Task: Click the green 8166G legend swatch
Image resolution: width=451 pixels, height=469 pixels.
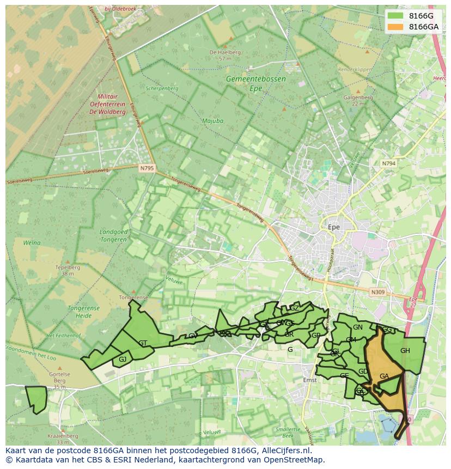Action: [x=395, y=16]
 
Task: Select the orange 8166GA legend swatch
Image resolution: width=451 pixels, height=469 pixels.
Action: [x=395, y=27]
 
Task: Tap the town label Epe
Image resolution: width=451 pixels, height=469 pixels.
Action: [x=333, y=227]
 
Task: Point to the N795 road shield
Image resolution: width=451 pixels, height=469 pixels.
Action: [x=146, y=168]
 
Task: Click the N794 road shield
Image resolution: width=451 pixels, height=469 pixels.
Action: [x=388, y=163]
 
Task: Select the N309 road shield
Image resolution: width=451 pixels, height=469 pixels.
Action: [x=377, y=293]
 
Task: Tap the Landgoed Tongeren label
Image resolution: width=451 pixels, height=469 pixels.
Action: [x=114, y=235]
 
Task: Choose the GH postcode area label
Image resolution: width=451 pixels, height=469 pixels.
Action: [x=405, y=351]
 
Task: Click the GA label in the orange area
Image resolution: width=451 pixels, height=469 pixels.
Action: [x=384, y=376]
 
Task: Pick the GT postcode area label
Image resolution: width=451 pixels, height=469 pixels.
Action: [x=143, y=343]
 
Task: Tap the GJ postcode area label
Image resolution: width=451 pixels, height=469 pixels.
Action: [x=123, y=360]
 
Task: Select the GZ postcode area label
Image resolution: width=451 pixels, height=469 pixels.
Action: [x=294, y=308]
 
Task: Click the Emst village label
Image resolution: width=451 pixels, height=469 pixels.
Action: [x=309, y=380]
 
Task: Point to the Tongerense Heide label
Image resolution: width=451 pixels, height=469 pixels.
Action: [x=83, y=312]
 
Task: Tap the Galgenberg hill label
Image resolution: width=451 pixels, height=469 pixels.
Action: [x=358, y=98]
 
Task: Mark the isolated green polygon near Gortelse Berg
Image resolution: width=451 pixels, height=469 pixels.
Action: [x=36, y=399]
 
